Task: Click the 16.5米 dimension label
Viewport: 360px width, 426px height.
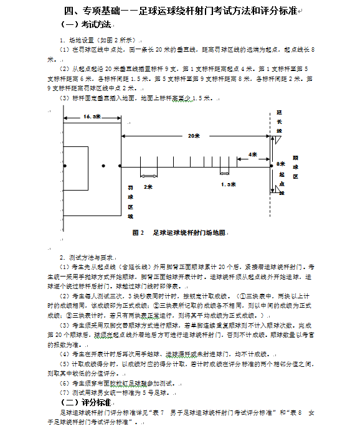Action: (90, 116)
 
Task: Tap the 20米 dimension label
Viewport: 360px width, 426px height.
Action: (193, 136)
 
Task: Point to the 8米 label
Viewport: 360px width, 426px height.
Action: (279, 164)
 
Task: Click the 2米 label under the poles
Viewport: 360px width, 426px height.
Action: (148, 186)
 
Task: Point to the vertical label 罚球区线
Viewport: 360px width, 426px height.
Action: (130, 201)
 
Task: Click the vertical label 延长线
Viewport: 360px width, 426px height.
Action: (280, 121)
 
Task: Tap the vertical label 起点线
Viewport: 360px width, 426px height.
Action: (282, 184)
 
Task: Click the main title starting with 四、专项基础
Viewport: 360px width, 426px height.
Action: (181, 11)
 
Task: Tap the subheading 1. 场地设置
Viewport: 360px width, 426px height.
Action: (97, 40)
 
